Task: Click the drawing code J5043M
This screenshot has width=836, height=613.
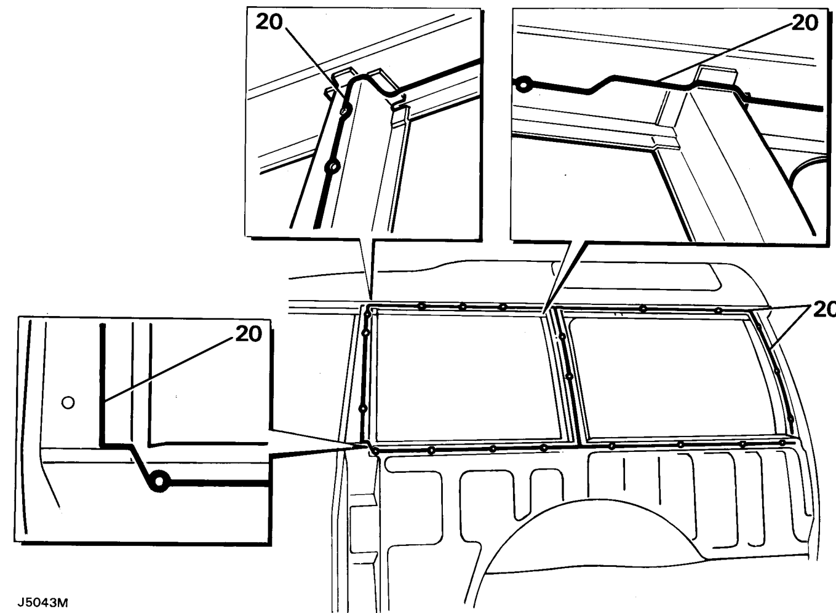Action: (x=42, y=603)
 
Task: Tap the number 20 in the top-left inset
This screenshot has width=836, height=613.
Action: (x=269, y=22)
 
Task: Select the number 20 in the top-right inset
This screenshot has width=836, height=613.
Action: (x=804, y=23)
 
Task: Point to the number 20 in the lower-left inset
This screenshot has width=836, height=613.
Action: (x=249, y=334)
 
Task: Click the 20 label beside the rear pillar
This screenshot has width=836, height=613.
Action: (x=825, y=310)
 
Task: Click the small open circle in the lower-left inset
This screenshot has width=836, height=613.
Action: (x=68, y=403)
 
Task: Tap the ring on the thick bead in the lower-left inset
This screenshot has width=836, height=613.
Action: (x=159, y=481)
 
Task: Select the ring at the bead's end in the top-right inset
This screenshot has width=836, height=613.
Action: (x=523, y=85)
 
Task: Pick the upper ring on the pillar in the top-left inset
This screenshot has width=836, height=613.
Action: (x=346, y=111)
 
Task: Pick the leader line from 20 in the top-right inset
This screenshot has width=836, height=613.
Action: (x=725, y=52)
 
